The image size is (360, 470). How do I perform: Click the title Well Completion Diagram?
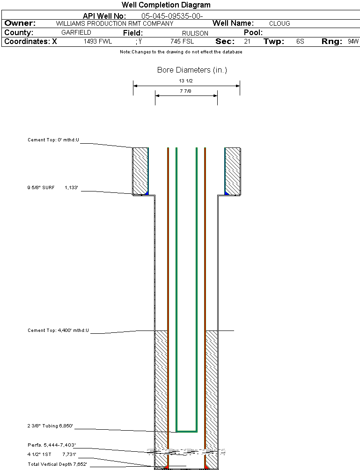point(166,5)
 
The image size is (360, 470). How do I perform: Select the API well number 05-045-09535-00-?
point(172,16)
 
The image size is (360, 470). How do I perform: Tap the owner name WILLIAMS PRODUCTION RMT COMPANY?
point(114,23)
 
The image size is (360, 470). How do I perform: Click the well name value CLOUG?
point(279,23)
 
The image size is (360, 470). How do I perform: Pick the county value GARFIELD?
point(76,33)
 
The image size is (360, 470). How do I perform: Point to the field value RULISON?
point(195,33)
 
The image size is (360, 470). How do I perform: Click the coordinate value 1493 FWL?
point(98,42)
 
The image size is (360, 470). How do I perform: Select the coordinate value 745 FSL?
point(182,42)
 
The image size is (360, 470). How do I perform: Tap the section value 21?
point(247,42)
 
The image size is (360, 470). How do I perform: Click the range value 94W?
point(353,42)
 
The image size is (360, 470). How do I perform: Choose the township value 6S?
point(300,42)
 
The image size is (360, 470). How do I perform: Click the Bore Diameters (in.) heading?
point(192,70)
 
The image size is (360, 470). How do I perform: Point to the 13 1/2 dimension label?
point(186,81)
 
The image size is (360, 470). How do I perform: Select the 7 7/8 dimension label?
point(186,91)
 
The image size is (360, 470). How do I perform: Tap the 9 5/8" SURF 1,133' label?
point(53,187)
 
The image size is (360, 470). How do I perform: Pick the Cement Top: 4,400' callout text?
point(58,330)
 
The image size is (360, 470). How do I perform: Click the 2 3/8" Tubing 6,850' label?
point(50,426)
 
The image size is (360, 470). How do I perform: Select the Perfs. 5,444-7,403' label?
point(51,445)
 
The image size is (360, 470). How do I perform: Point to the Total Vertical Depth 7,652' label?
point(57,464)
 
